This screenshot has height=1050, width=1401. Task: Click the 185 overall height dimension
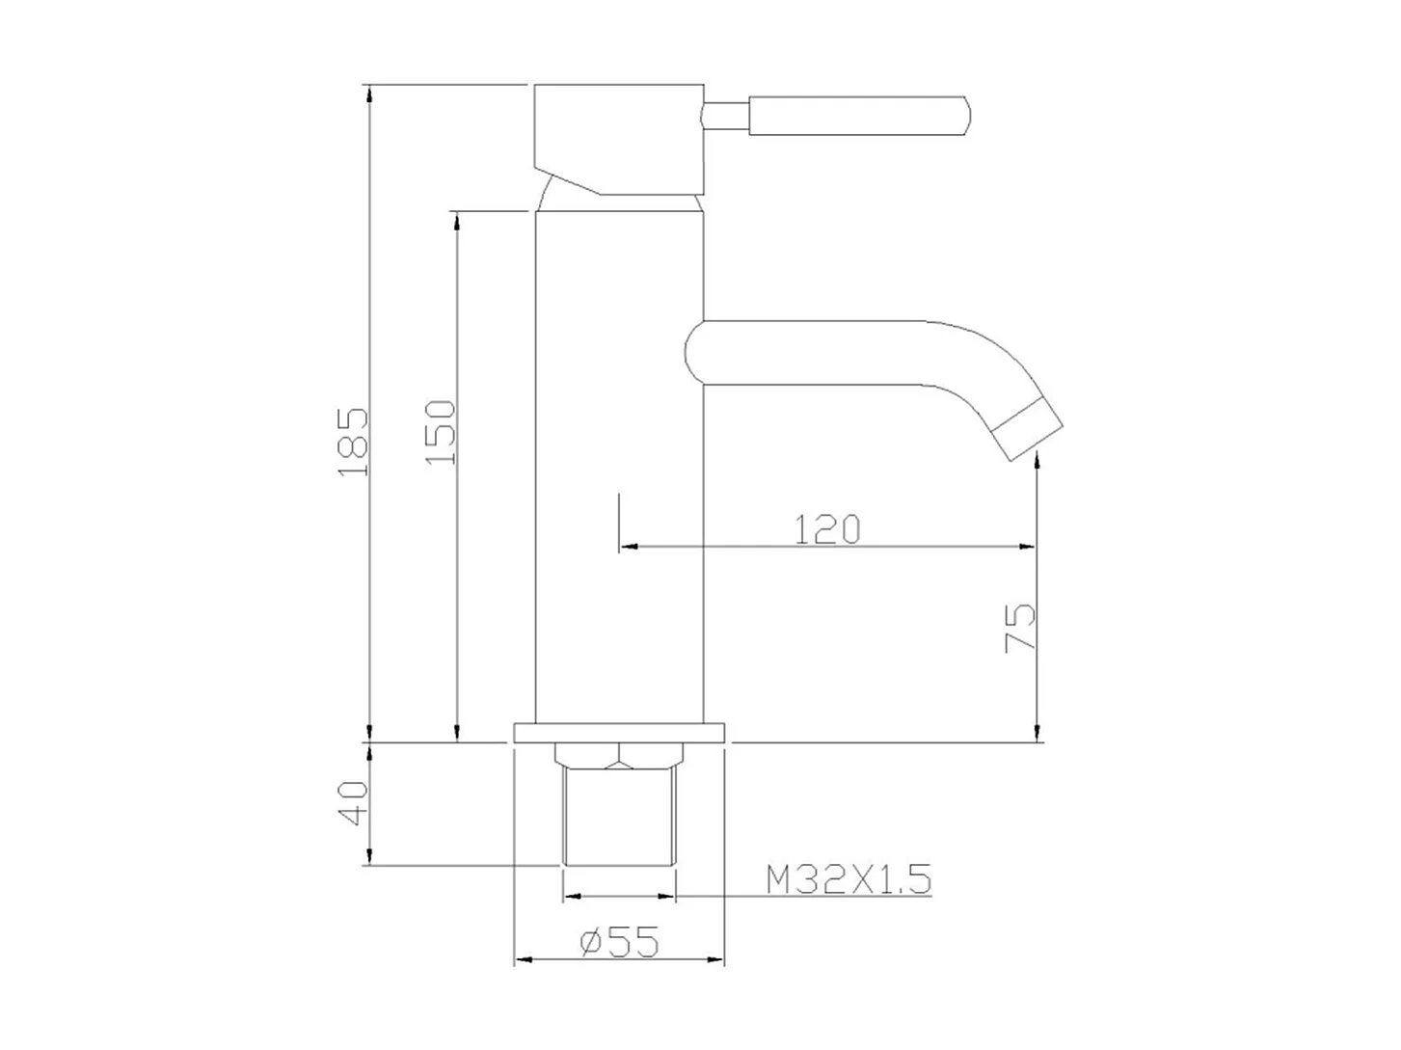coord(354,442)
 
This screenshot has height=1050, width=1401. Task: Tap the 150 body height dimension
coord(441,431)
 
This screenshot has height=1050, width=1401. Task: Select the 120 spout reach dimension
coord(826,529)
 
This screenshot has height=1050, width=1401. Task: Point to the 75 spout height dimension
coord(1020,628)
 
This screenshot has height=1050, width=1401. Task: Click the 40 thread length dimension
coord(354,802)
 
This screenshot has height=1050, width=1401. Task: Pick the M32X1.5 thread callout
coord(848,879)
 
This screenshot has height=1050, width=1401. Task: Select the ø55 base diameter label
coord(619,941)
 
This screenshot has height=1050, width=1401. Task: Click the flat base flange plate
coord(619,733)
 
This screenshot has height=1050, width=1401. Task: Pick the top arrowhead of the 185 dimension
coord(368,94)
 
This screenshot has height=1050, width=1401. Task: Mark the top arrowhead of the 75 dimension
coord(1037,466)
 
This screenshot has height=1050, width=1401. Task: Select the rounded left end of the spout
coord(694,351)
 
